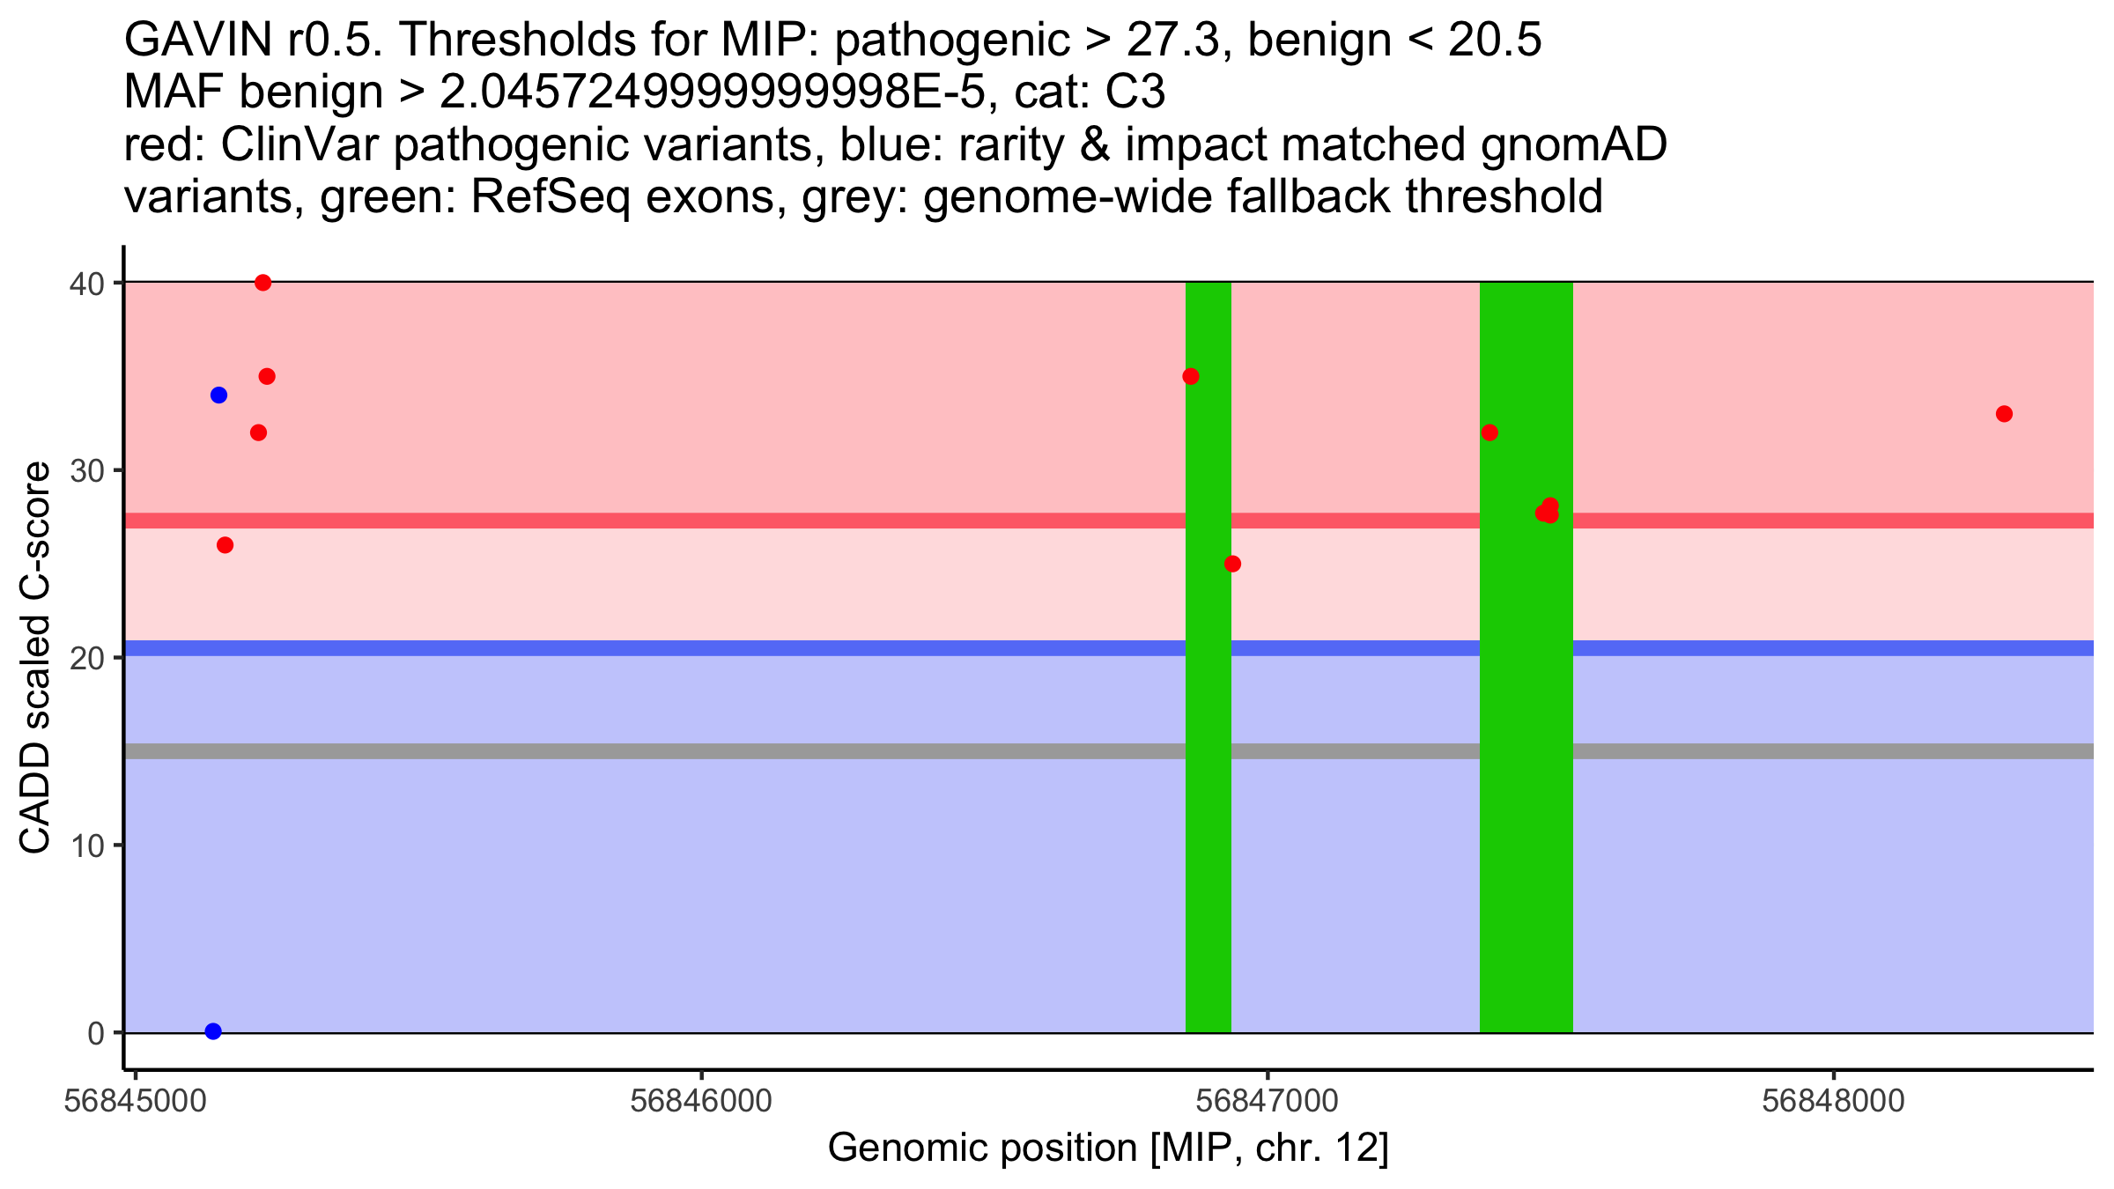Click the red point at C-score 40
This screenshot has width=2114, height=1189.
(x=262, y=283)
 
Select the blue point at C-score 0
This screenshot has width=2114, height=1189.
(x=213, y=1031)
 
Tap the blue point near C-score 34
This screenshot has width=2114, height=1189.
(x=219, y=395)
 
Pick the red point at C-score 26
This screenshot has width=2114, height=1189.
(x=225, y=545)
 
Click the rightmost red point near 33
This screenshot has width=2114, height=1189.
(x=2004, y=414)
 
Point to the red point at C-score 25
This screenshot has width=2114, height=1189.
(x=1232, y=564)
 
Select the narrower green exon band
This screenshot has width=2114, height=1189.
(x=1208, y=793)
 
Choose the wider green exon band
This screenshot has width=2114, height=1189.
(x=1526, y=793)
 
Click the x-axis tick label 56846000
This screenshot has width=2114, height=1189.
(x=701, y=1102)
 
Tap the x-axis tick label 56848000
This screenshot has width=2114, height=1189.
(x=1833, y=1102)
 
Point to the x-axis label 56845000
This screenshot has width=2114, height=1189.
(x=135, y=1102)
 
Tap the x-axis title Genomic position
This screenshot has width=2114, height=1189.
(x=1107, y=1148)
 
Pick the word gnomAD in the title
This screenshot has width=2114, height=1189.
(x=1573, y=145)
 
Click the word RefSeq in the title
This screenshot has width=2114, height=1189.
(x=551, y=197)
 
